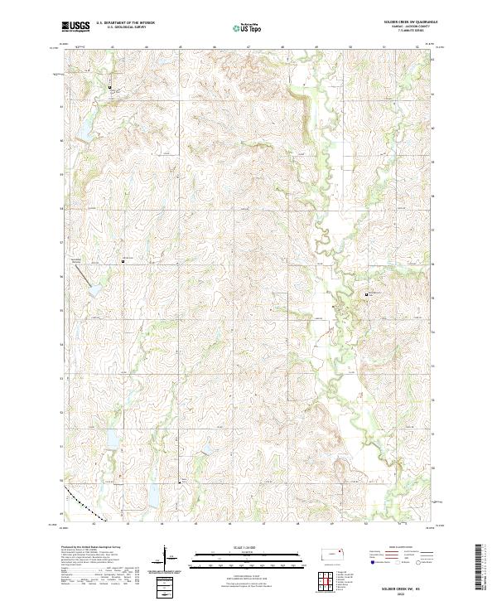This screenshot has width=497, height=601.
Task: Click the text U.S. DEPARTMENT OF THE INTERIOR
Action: click(x=125, y=23)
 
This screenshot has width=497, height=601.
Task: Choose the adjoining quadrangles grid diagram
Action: click(x=325, y=580)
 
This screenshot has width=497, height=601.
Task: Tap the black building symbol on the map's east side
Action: click(x=367, y=294)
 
